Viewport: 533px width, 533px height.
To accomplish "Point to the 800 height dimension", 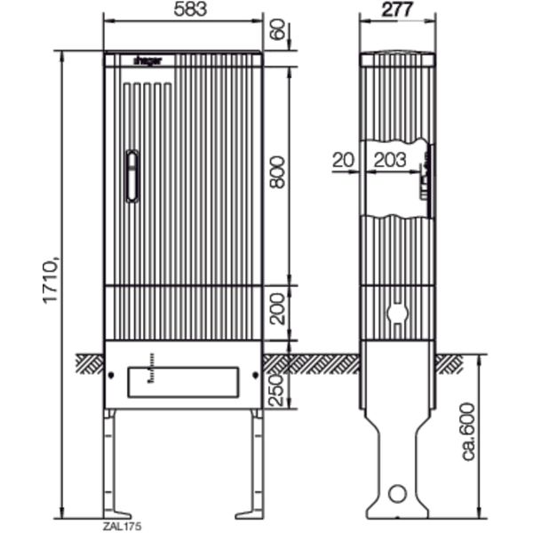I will [277, 171].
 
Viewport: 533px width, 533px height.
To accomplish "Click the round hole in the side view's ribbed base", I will [397, 314].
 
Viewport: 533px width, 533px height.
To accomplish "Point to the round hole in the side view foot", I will [397, 494].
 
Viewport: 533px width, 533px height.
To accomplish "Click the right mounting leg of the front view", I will [255, 462].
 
